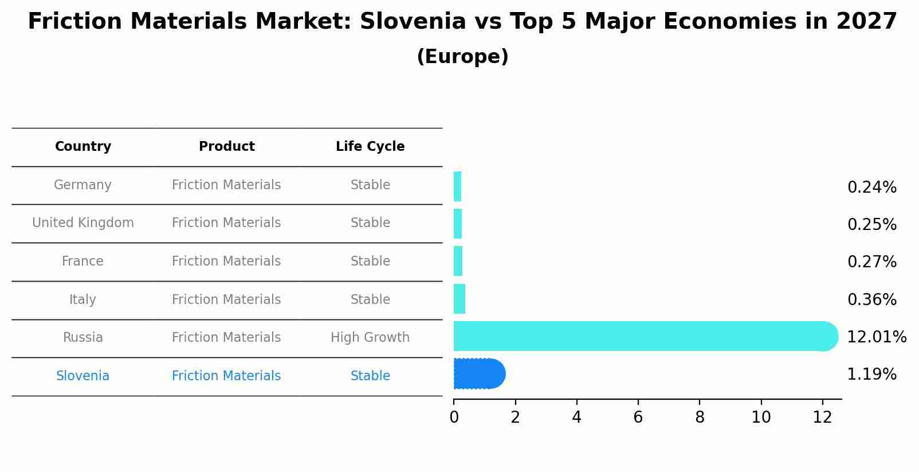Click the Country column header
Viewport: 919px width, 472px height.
pos(83,147)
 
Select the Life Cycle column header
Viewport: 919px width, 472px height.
pos(370,147)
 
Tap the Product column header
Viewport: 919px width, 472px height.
pos(226,147)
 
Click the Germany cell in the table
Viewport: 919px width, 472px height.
pos(83,185)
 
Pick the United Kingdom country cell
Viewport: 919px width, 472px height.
pos(83,223)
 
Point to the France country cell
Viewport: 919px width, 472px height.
pos(83,262)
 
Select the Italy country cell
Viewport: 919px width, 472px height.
pos(83,300)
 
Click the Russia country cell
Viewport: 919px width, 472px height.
pos(83,338)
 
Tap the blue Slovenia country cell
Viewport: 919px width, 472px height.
pos(83,376)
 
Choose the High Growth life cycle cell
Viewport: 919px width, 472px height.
pos(370,338)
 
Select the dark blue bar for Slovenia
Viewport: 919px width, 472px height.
pos(478,374)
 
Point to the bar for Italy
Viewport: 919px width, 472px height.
pos(459,299)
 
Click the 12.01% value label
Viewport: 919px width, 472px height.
pos(877,337)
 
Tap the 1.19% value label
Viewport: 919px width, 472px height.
pos(871,375)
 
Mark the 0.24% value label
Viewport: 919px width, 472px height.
pos(871,188)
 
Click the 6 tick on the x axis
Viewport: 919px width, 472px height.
pos(638,418)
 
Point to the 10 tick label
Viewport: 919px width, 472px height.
pos(761,418)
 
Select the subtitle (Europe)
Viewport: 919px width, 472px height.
pos(462,57)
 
